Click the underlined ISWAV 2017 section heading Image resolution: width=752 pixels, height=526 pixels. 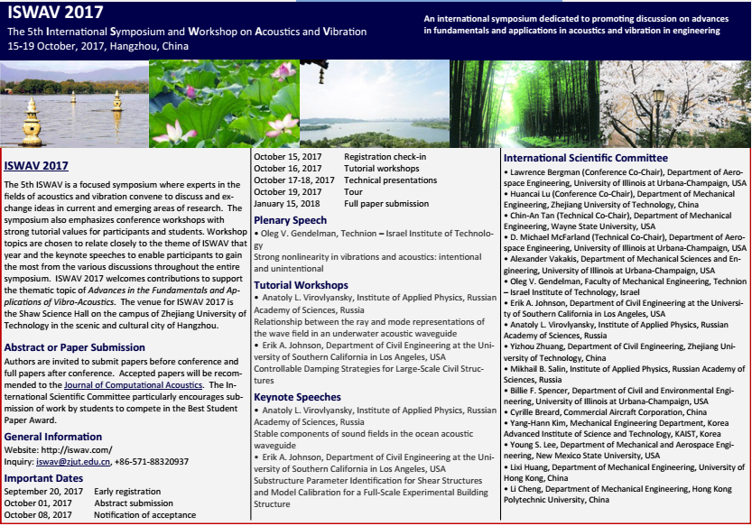36,166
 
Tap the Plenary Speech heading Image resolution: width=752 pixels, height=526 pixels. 291,220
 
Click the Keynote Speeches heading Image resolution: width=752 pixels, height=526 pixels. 298,396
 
